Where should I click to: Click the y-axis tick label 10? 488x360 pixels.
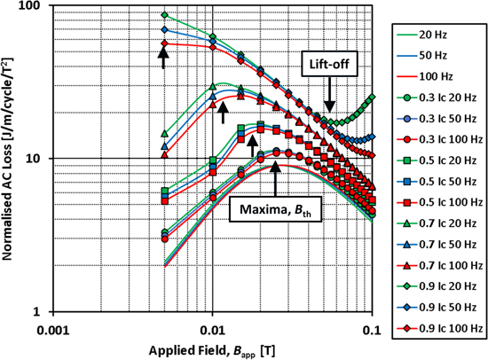coord(42,159)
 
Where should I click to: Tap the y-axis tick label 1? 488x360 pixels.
coord(45,311)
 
